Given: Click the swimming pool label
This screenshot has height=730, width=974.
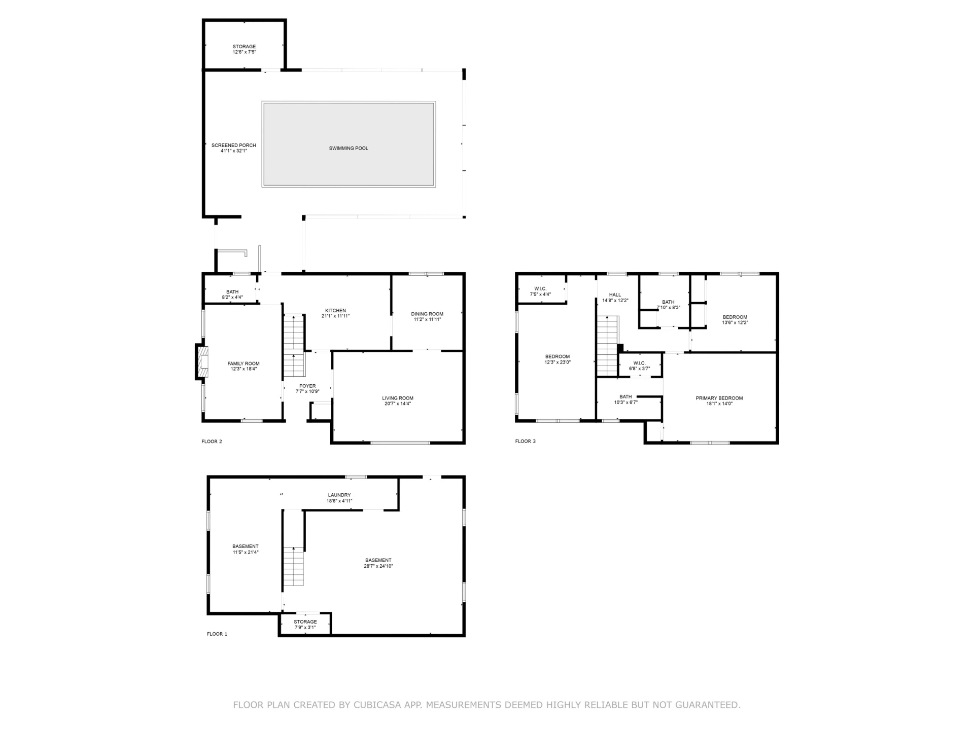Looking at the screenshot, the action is [349, 149].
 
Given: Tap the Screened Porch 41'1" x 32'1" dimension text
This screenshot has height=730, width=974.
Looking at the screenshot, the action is [234, 151].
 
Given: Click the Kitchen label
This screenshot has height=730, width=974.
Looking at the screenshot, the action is [335, 311].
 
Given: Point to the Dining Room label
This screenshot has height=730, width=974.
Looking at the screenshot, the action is [427, 314].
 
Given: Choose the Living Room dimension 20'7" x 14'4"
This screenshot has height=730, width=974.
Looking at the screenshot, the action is [398, 404].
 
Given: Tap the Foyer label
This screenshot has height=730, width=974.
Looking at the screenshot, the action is [307, 386].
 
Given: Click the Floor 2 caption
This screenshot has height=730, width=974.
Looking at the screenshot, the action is [212, 442].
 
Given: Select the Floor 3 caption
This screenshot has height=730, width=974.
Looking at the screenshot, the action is [525, 442].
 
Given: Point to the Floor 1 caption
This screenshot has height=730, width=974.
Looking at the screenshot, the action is [217, 634].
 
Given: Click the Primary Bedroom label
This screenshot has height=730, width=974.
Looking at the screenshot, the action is [719, 398].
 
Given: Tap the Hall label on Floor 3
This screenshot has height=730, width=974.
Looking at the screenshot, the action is [615, 295].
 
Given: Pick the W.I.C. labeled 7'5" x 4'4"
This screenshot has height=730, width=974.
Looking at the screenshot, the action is [540, 291].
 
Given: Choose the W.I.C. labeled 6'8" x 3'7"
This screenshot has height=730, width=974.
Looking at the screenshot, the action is [639, 366].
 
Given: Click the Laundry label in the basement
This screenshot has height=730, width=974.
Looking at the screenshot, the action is [339, 495].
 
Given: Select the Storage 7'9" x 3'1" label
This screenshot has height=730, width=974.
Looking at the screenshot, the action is [305, 625].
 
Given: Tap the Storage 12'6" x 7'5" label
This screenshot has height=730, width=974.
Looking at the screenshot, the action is [244, 49].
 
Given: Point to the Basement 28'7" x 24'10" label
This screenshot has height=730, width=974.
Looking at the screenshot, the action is [378, 563].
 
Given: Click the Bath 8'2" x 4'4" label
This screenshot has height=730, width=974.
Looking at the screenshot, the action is [232, 295].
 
